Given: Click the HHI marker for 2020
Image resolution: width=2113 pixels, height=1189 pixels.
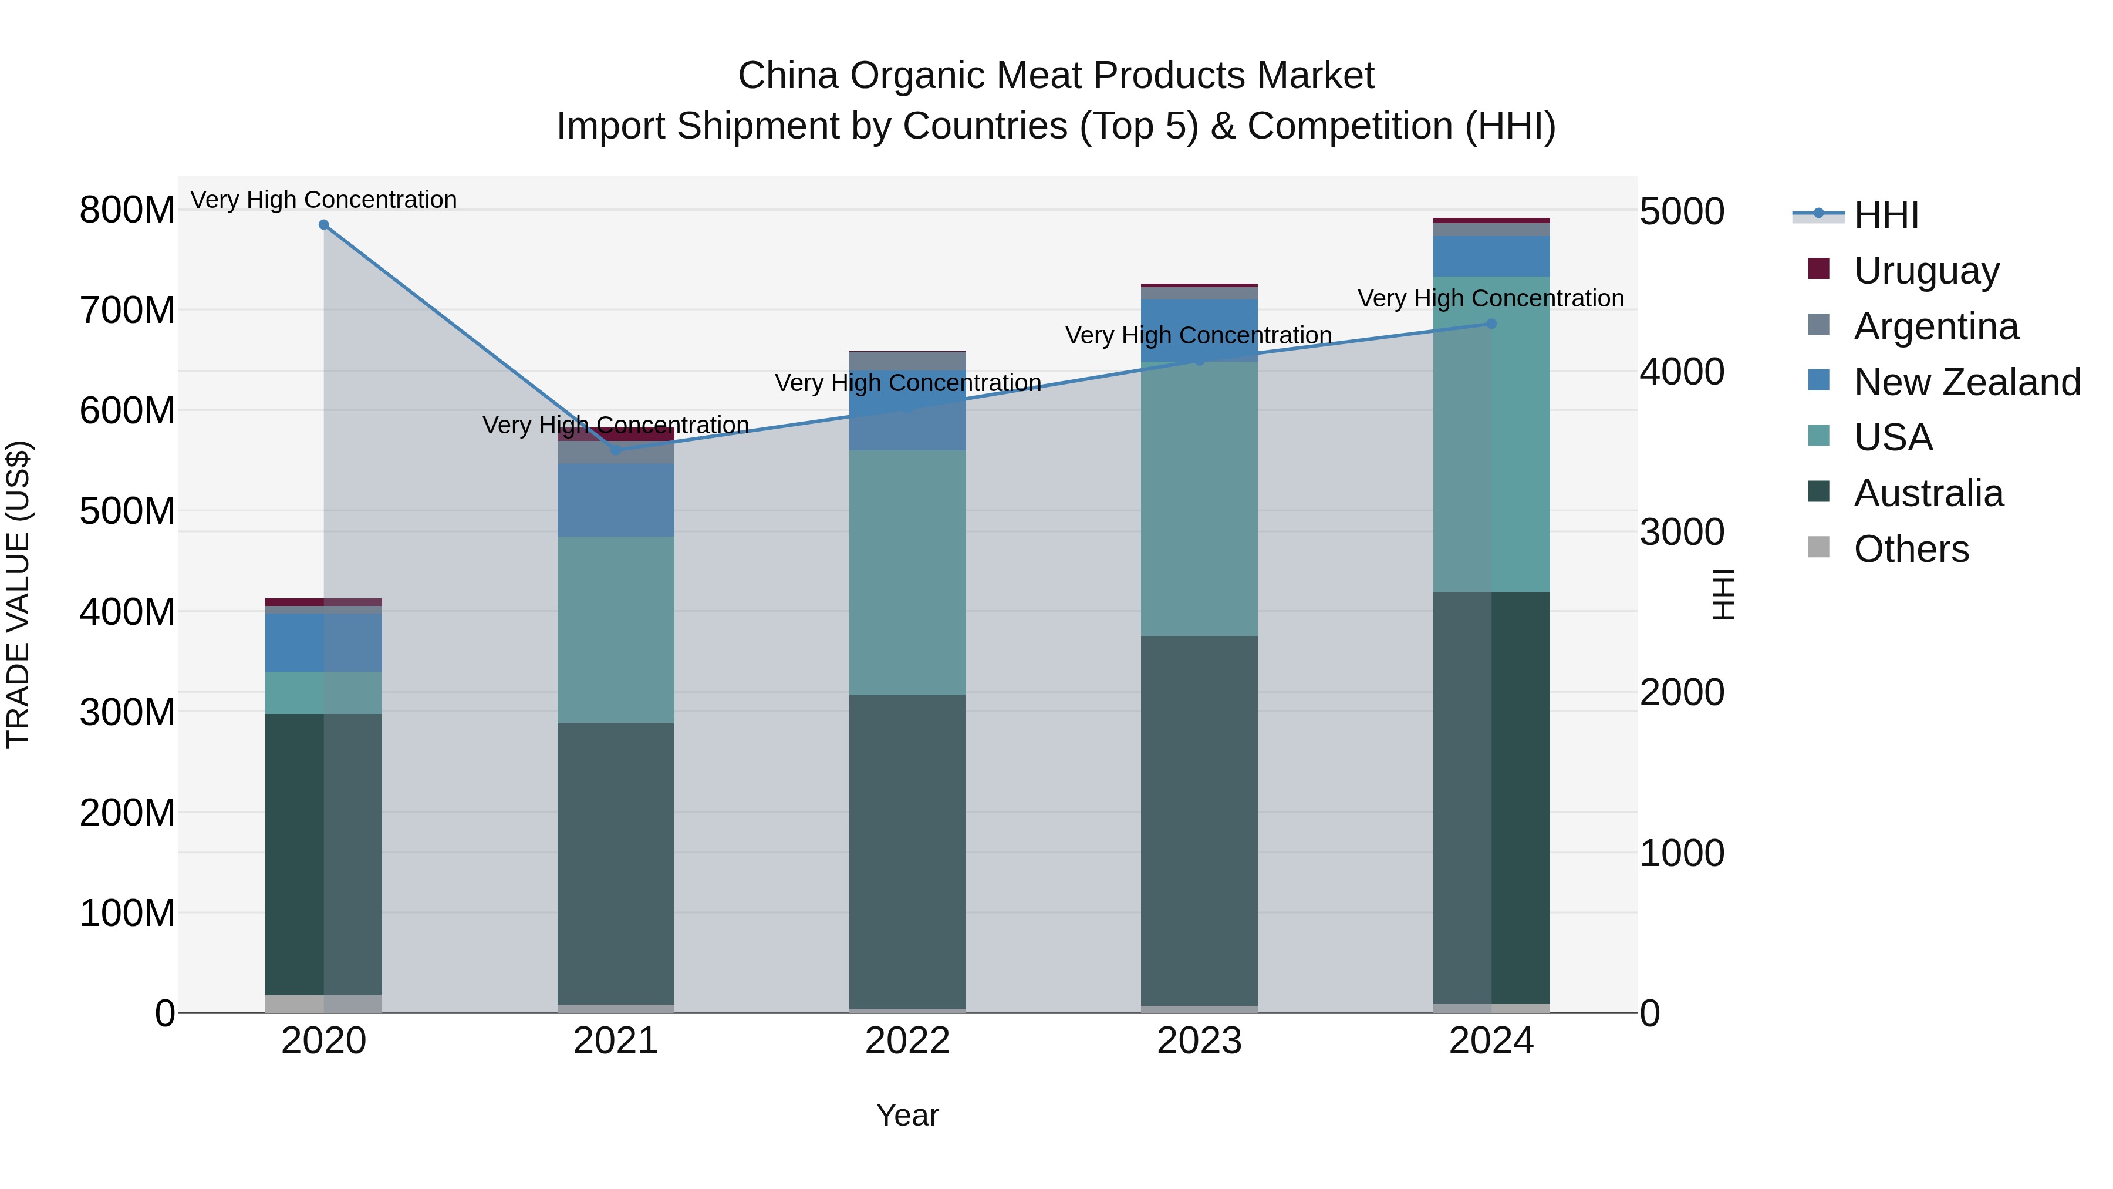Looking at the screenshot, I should (323, 225).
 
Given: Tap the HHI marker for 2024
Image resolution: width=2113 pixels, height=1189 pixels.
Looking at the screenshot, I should (1491, 324).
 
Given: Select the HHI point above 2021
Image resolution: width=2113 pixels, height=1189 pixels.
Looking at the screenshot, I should (616, 450).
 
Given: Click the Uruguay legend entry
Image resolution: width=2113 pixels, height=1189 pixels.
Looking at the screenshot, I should (1925, 271).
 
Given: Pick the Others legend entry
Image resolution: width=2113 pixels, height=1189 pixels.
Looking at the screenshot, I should (1911, 549).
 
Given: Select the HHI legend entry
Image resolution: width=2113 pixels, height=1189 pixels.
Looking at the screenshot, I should (1885, 215).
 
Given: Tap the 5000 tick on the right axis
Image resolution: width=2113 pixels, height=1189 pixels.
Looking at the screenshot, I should (1682, 212).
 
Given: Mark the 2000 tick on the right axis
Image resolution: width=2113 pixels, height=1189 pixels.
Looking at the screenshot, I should (1682, 693).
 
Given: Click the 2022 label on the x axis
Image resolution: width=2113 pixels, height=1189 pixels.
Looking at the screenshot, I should (907, 1041).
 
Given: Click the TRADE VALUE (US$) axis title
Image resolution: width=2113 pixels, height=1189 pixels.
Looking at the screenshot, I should (18, 594).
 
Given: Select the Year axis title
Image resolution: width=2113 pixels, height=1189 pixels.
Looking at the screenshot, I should (907, 1115).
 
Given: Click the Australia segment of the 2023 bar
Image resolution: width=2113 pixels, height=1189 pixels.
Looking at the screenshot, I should (1199, 821).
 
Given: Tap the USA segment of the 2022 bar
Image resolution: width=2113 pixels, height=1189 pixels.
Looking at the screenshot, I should (907, 572).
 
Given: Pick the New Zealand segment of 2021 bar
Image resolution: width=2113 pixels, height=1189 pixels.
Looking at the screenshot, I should (616, 500).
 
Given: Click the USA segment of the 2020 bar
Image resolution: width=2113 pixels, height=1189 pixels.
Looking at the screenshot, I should (323, 693).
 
